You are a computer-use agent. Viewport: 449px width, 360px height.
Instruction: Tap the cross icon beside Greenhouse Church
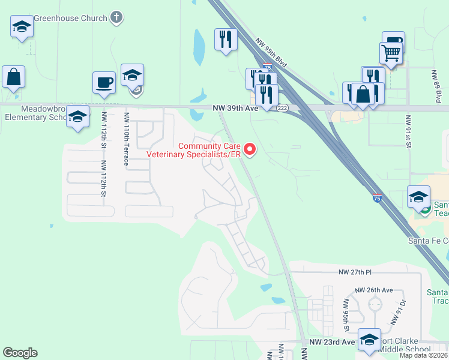tap(116, 17)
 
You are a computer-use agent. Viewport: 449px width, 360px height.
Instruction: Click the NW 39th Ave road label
tap(235, 109)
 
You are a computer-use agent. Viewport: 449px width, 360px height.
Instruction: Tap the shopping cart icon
tap(391, 52)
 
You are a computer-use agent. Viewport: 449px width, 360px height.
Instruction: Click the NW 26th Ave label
tap(373, 290)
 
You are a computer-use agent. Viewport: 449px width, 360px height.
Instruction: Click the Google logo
tap(20, 353)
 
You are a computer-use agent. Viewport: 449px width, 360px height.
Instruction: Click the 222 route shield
tap(283, 109)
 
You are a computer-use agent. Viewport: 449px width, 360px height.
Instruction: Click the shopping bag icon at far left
tap(13, 77)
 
